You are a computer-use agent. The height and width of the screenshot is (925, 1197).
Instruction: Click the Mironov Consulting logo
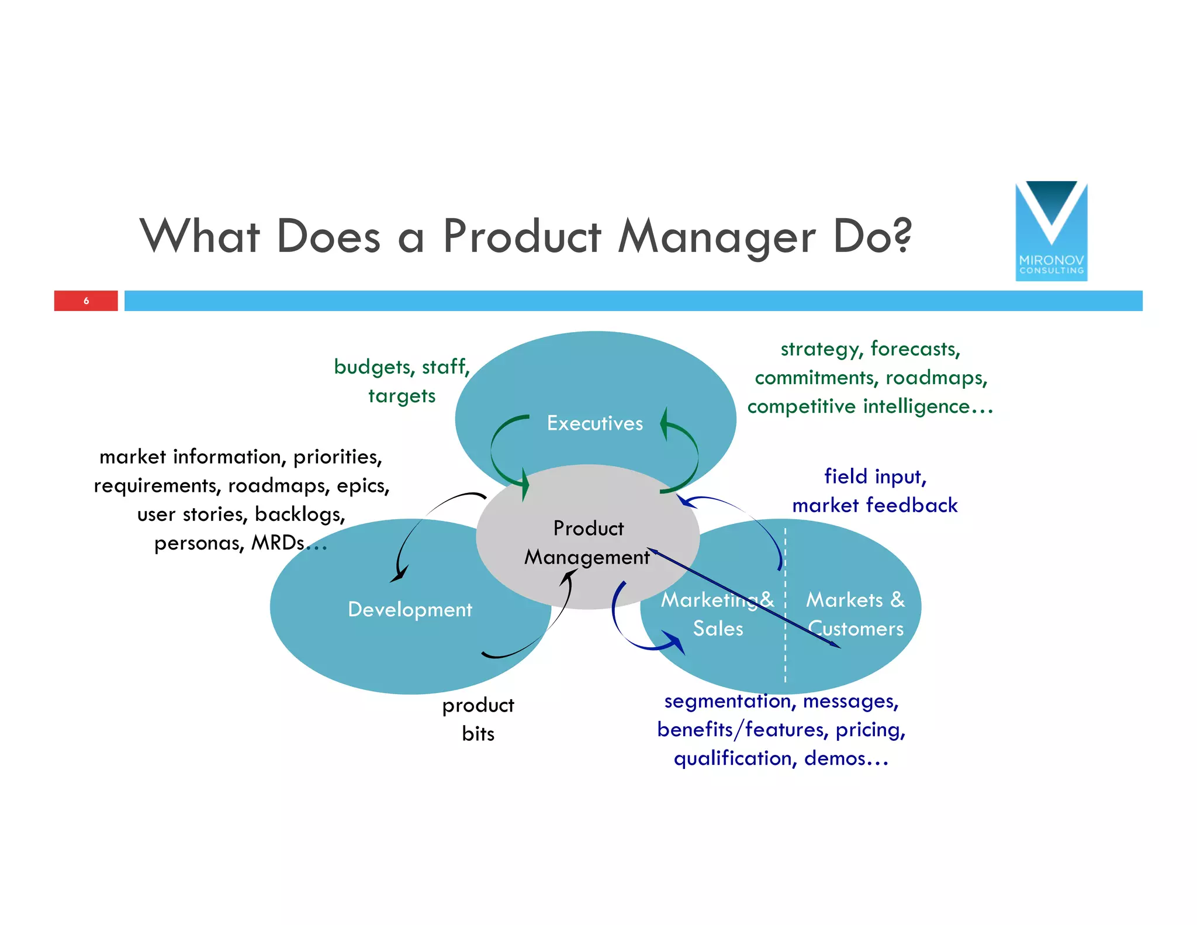tap(1051, 231)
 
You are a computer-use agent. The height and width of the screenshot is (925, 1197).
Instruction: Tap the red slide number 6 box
tap(86, 301)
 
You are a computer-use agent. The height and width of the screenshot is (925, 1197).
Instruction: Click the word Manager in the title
tap(717, 236)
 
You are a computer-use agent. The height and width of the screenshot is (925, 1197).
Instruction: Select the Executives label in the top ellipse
tap(594, 423)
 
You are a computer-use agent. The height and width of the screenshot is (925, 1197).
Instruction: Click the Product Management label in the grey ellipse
tap(587, 543)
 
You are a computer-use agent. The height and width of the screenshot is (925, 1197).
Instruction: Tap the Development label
tap(410, 609)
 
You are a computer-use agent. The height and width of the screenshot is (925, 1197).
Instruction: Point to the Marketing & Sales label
tap(717, 614)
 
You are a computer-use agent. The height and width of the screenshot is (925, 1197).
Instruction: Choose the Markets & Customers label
tap(855, 614)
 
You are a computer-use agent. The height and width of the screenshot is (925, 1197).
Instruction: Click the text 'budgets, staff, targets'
tap(402, 381)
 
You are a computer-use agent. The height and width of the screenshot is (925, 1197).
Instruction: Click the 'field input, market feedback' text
tap(874, 491)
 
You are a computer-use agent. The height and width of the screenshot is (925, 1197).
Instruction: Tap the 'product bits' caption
tap(478, 719)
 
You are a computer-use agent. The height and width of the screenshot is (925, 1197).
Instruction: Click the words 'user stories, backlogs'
tap(241, 514)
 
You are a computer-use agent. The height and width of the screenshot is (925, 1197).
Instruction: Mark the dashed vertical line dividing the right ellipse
tap(785, 643)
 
